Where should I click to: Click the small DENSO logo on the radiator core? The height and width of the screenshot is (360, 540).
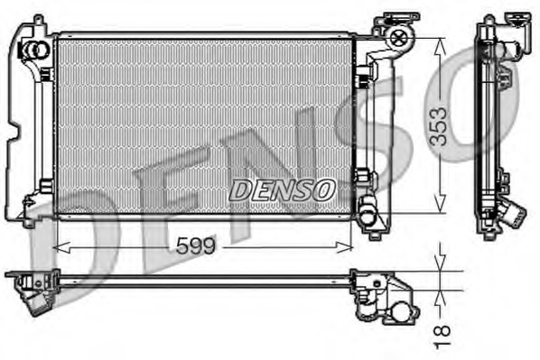[283, 189]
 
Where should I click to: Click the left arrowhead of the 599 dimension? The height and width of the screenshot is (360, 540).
[61, 245]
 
